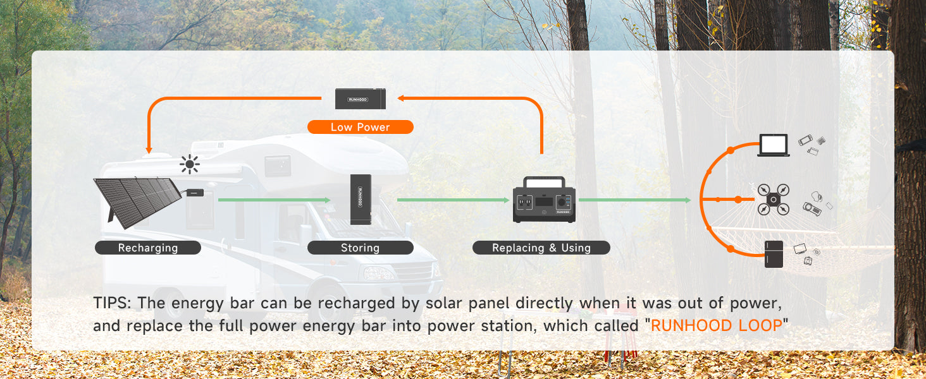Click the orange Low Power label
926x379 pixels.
pos(360,127)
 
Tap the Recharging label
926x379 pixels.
pos(148,248)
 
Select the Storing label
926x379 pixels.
pos(360,248)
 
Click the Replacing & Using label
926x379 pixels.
pos(541,248)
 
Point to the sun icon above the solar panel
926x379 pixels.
pos(190,164)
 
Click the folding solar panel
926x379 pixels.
pos(139,201)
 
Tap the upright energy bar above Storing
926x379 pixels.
pos(361,200)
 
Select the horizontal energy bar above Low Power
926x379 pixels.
pos(361,99)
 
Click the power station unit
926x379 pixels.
pos(544,200)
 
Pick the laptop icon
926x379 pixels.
pos(774,145)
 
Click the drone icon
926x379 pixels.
pos(774,200)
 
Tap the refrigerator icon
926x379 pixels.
pos(774,254)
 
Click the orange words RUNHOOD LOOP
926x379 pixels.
pos(717,325)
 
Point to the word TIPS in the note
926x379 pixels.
pos(111,303)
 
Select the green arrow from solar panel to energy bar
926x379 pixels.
pos(275,200)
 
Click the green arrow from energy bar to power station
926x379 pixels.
pos(454,200)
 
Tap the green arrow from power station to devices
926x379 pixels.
pos(635,200)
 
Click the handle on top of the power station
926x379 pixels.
pos(544,182)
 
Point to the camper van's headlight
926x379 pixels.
pos(377,273)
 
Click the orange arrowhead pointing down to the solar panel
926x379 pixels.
pos(149,151)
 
